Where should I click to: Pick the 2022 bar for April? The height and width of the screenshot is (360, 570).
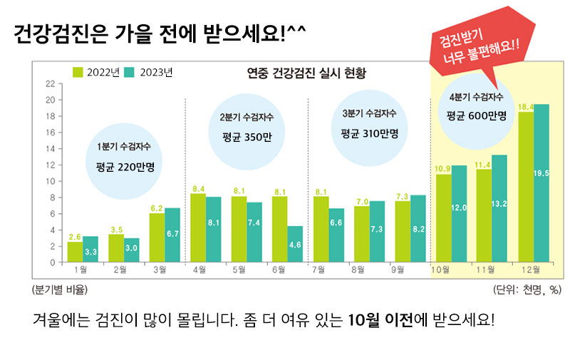click(x=198, y=227)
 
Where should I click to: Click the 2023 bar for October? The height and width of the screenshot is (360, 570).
click(x=459, y=214)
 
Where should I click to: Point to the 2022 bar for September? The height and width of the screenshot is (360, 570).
click(x=402, y=232)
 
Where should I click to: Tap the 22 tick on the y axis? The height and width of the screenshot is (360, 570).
click(x=49, y=83)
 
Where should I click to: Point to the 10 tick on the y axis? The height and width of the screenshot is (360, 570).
click(x=49, y=181)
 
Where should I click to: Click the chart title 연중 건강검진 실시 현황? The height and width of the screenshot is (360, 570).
click(x=306, y=73)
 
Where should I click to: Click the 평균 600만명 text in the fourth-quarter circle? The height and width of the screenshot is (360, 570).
click(x=476, y=115)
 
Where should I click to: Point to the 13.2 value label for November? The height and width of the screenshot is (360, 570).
click(x=499, y=204)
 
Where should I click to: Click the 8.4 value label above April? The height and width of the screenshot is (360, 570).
click(x=199, y=188)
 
